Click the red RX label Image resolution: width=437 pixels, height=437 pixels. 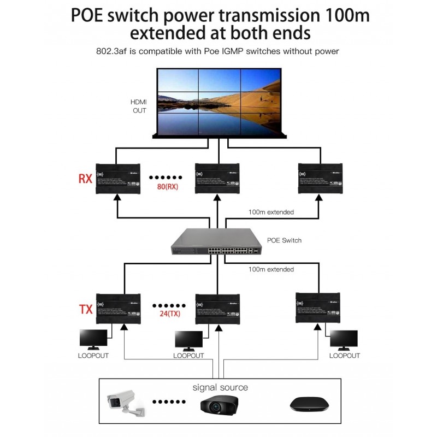pyautogui.click(x=85, y=179)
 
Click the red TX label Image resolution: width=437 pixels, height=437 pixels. pyautogui.click(x=85, y=310)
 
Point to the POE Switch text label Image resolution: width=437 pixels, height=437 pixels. pyautogui.click(x=284, y=240)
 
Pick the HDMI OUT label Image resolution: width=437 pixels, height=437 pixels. pyautogui.click(x=139, y=106)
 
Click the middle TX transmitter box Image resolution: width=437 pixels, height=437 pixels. pyautogui.click(x=218, y=308)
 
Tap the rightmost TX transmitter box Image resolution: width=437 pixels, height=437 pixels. pyautogui.click(x=318, y=307)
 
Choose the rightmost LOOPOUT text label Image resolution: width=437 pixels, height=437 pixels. pyautogui.click(x=345, y=356)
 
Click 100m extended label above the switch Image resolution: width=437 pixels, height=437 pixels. pyautogui.click(x=271, y=212)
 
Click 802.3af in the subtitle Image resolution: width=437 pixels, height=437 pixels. pyautogui.click(x=111, y=51)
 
